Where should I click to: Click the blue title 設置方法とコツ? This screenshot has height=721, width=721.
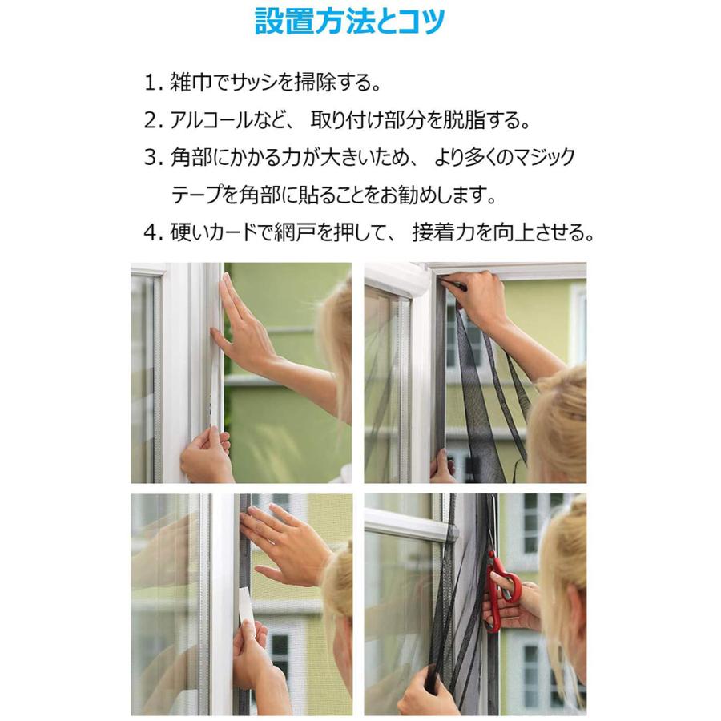[x=349, y=22]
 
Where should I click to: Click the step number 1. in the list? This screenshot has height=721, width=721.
[x=153, y=83]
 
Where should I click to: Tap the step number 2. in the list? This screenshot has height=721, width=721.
[x=153, y=120]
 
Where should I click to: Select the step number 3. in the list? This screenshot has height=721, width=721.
[x=153, y=158]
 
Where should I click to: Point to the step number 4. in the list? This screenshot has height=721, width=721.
[x=153, y=233]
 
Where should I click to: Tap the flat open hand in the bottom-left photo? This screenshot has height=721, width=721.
[x=284, y=545]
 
